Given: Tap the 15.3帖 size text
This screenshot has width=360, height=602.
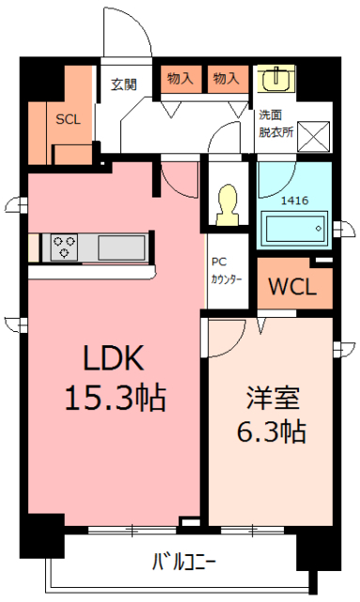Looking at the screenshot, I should click(x=114, y=398).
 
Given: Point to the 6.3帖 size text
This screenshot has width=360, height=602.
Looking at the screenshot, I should click(x=270, y=433).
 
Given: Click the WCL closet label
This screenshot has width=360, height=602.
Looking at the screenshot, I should click(x=294, y=287).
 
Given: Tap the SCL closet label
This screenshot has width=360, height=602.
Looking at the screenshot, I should click(x=68, y=119).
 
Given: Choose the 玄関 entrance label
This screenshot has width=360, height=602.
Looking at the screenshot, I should click(x=124, y=85).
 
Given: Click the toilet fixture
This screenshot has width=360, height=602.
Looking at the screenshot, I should click(x=227, y=205).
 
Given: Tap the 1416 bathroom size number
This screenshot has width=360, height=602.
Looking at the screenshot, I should click(x=294, y=199).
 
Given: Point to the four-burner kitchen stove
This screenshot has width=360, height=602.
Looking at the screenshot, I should click(x=65, y=247).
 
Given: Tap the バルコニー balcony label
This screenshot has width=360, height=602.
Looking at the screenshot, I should click(x=184, y=563).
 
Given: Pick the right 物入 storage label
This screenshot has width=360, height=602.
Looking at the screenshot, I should click(x=226, y=79).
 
